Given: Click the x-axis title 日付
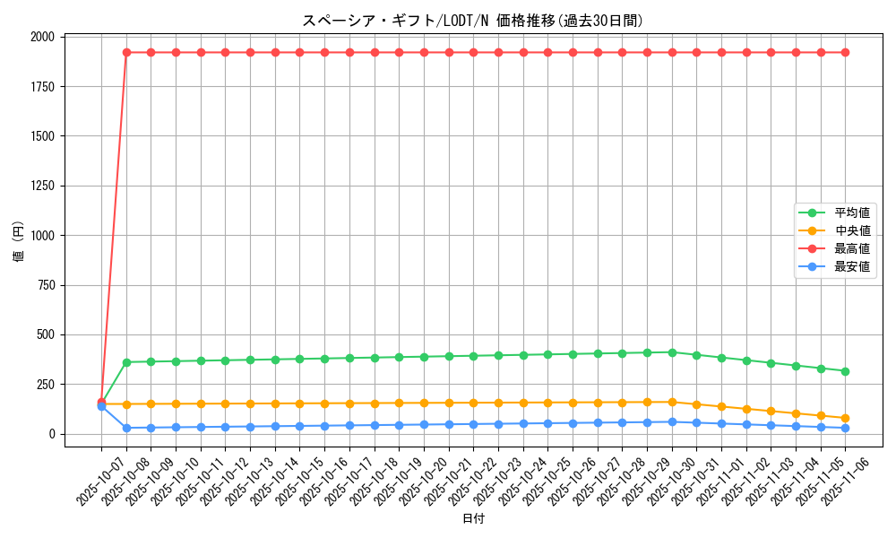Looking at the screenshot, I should (x=473, y=519).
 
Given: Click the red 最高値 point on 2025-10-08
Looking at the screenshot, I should (x=126, y=53).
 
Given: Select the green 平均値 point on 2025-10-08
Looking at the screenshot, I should (x=126, y=362).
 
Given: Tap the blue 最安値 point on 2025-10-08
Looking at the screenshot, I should (x=126, y=428).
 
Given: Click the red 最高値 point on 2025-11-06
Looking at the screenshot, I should (x=845, y=53).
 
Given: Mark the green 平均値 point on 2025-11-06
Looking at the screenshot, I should (x=845, y=371).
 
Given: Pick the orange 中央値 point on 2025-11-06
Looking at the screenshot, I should (x=845, y=418).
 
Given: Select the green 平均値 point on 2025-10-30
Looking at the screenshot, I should (x=672, y=352).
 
